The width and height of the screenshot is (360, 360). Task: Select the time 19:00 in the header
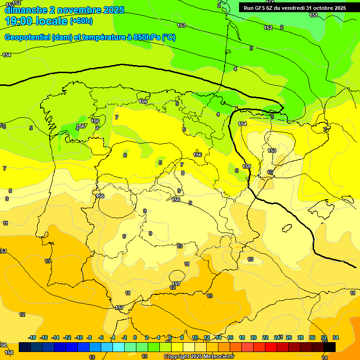pos(20,21)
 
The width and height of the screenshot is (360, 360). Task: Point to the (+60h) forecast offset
pos(81,21)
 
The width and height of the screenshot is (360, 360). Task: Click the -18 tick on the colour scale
pos(32,337)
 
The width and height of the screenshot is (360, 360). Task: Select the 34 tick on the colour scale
pos(336,337)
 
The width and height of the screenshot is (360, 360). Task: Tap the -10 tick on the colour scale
pos(79,337)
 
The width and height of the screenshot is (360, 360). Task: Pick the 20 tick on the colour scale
pos(254,337)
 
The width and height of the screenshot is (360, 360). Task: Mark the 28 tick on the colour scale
pos(300,337)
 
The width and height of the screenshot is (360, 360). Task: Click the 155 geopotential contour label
pos(247,167)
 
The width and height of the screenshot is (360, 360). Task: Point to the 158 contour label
pos(9,352)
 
